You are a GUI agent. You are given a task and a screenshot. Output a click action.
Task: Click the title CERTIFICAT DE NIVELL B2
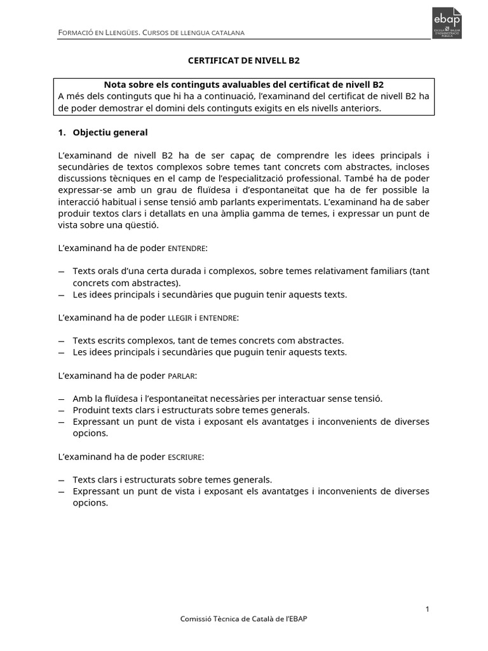[243, 60]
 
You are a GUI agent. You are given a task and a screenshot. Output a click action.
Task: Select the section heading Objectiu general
[110, 132]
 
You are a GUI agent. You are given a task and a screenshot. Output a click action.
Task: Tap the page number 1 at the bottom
[428, 610]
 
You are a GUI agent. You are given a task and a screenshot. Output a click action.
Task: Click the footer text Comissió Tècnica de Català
[244, 619]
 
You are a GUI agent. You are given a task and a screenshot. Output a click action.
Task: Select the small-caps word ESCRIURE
[186, 456]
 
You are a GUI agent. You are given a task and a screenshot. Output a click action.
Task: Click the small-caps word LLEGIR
[179, 317]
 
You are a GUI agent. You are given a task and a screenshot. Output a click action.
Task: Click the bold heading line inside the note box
[243, 85]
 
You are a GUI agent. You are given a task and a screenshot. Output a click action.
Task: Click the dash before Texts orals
[61, 271]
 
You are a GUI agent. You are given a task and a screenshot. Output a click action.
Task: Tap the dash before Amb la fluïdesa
[61, 399]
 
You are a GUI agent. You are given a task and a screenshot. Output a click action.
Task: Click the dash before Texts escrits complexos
[61, 340]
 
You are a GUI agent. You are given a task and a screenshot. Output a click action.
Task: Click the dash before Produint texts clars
[61, 410]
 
